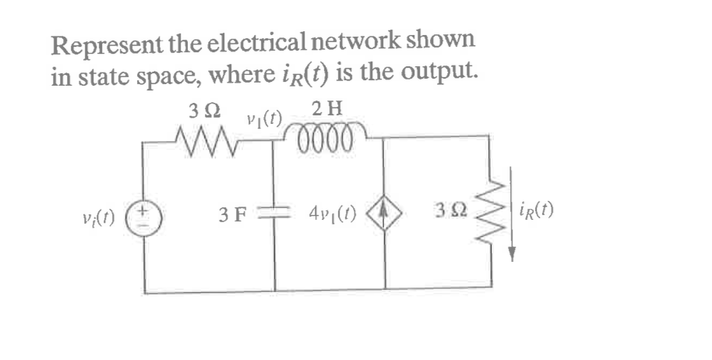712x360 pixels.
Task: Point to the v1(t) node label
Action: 263,119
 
